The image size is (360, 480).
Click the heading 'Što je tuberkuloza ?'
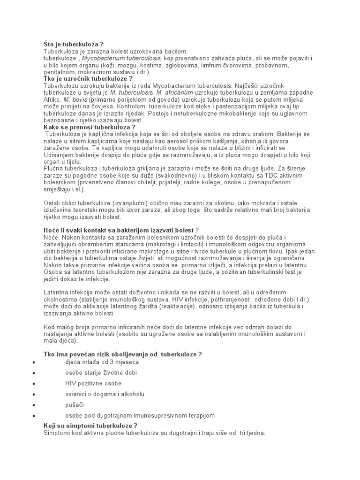tap(74, 44)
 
